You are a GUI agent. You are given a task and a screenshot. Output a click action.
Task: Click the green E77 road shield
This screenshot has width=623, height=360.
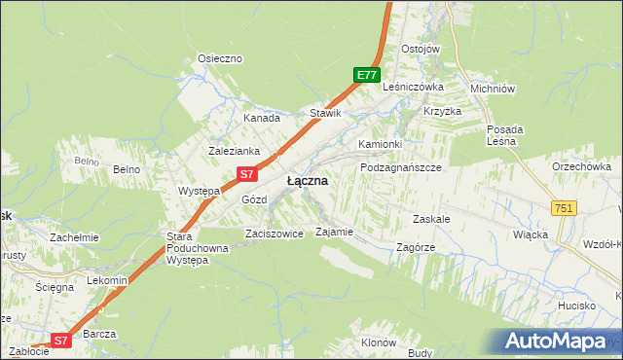click(365, 75)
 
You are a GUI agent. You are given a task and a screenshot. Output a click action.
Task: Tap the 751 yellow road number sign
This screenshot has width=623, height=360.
click(564, 208)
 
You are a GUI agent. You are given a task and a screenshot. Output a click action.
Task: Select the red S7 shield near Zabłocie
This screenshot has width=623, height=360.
click(60, 341)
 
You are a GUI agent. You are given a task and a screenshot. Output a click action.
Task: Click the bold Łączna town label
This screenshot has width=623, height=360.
click(307, 182)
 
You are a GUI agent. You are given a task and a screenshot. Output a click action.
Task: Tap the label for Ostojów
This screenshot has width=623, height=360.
click(421, 49)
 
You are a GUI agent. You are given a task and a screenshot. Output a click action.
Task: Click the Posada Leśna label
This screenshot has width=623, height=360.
click(505, 135)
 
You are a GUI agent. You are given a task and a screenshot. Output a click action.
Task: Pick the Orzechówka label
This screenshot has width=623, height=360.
click(581, 166)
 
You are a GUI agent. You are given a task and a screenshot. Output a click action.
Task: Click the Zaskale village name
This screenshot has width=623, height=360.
click(431, 219)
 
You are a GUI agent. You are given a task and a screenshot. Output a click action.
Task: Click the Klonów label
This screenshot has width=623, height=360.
click(379, 342)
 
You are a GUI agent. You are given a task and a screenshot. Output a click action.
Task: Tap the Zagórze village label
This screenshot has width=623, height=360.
click(416, 247)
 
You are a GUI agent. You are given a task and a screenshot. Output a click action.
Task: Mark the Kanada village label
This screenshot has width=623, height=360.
click(262, 118)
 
